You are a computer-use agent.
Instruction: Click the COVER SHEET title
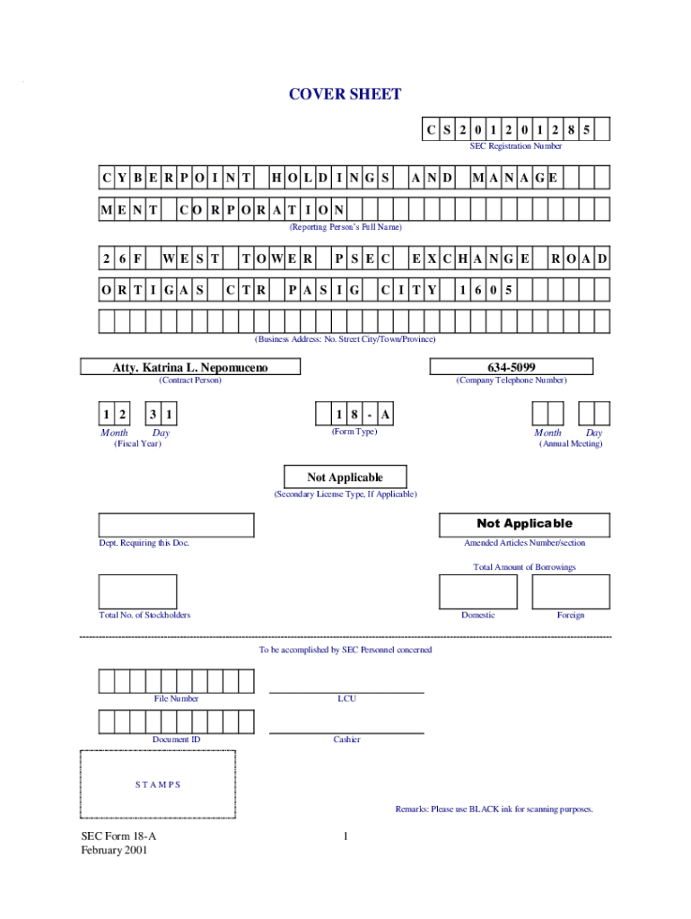[x=345, y=94]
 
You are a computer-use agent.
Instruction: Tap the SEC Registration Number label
[x=516, y=145]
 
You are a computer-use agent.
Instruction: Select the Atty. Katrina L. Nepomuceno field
[x=189, y=367]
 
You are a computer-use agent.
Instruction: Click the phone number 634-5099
[x=512, y=367]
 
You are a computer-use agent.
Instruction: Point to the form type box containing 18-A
[x=354, y=414]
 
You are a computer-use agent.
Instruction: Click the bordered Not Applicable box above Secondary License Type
[x=345, y=477]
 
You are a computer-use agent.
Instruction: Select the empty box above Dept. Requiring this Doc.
[x=176, y=524]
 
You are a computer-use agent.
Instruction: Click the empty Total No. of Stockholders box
[x=137, y=591]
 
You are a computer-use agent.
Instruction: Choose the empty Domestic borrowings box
[x=477, y=591]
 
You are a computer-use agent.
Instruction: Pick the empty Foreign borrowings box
[x=571, y=591]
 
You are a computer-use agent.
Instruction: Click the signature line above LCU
[x=346, y=692]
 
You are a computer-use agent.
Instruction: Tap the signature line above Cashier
[x=346, y=732]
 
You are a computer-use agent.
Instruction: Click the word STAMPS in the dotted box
[x=158, y=784]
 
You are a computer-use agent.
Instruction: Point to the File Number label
[x=177, y=698]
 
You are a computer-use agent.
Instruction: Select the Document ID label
[x=177, y=740]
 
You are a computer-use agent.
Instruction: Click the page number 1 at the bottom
[x=345, y=836]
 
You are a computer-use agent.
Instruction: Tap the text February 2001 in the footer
[x=114, y=850]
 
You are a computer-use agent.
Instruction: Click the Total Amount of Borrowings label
[x=524, y=567]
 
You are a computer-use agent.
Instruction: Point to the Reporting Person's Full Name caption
[x=345, y=227]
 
